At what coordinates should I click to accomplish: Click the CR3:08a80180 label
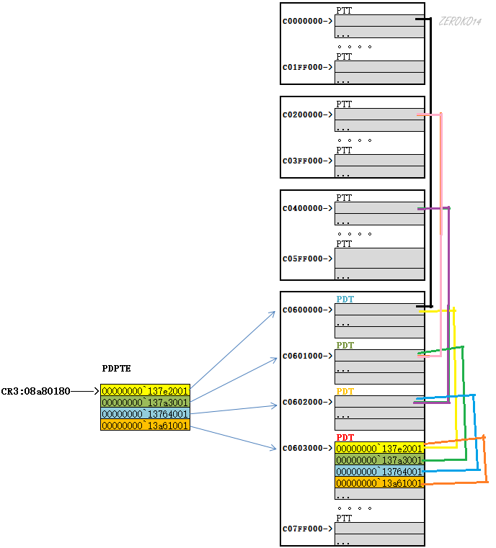pyautogui.click(x=36, y=391)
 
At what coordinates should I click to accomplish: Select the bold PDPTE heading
pyautogui.click(x=117, y=369)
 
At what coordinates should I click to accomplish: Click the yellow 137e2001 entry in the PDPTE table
pyautogui.click(x=145, y=391)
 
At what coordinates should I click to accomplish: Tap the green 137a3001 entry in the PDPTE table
pyautogui.click(x=145, y=403)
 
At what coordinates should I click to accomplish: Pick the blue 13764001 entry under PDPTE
pyautogui.click(x=145, y=414)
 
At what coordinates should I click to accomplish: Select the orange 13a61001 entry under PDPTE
pyautogui.click(x=145, y=426)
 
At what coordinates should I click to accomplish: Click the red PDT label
pyautogui.click(x=345, y=437)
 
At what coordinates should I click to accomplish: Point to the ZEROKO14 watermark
pyautogui.click(x=459, y=22)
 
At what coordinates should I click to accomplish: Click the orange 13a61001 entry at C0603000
pyautogui.click(x=379, y=483)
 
